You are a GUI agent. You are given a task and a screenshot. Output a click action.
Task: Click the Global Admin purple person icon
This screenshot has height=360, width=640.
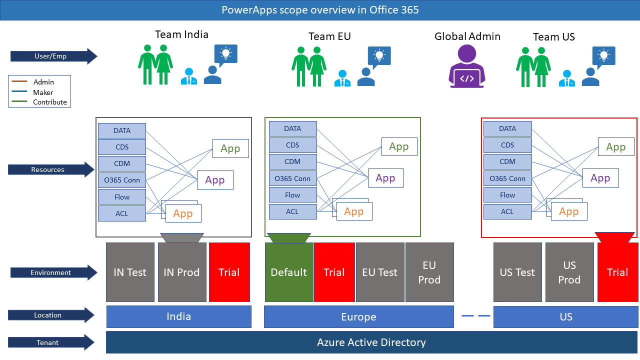coord(466,66)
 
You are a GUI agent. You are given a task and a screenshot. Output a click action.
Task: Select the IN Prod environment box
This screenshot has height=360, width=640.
coord(182,272)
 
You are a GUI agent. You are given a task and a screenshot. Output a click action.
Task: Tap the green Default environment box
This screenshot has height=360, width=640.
coord(289,272)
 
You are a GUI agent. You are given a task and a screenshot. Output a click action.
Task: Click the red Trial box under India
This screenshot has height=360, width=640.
coord(229,272)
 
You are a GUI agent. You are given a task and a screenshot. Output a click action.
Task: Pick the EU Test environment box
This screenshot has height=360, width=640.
coord(380,272)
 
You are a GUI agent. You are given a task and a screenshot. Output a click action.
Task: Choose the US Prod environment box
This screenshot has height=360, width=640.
coord(569,272)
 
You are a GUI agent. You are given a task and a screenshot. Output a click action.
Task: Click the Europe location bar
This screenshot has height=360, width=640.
coord(359,316)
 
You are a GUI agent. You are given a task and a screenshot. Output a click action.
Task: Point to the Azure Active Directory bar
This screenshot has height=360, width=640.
coord(371,342)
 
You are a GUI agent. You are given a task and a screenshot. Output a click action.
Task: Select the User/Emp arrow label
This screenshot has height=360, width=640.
coord(53,56)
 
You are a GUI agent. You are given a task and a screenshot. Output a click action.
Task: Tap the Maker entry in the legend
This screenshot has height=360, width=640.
coord(43,92)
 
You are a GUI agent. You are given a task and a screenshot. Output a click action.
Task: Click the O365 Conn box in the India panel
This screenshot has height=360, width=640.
coord(122,180)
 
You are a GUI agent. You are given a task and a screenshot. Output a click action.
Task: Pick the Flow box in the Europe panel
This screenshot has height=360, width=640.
coord(293,195)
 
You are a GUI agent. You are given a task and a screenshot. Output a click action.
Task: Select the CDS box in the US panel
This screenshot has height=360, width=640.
coord(507,145)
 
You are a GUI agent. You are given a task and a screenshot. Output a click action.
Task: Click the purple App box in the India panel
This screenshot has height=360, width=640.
coord(215,180)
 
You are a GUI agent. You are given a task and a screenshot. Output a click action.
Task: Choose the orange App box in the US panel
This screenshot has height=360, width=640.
coord(569,211)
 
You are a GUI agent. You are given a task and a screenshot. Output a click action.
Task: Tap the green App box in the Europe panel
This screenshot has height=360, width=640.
coord(399,147)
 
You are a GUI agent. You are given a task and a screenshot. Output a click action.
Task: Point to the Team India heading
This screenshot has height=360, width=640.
coord(181,34)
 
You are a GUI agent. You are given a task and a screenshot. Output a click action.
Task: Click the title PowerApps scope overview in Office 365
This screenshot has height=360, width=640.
coord(320,10)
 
